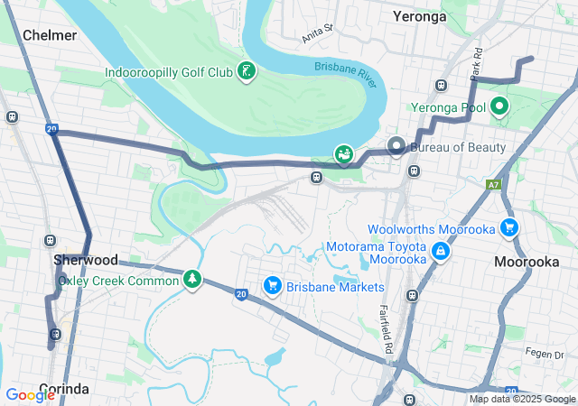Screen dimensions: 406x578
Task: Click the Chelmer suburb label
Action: coord(50,35)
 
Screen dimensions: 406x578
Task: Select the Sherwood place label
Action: coord(86,260)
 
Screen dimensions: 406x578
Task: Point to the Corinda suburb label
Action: coord(63,389)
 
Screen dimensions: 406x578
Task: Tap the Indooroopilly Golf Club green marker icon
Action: coord(246,71)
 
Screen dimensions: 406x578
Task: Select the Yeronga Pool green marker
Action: coord(499,107)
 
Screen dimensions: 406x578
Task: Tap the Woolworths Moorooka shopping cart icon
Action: coord(509,229)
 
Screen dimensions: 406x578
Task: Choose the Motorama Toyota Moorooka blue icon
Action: coord(440,251)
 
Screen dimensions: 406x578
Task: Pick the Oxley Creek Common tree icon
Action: coord(191,281)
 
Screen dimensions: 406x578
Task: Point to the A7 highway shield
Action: coord(493,185)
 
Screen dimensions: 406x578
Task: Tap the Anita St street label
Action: coord(318,33)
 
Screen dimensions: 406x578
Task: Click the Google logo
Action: coord(31,394)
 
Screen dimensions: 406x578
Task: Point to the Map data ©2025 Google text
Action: coord(522,399)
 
